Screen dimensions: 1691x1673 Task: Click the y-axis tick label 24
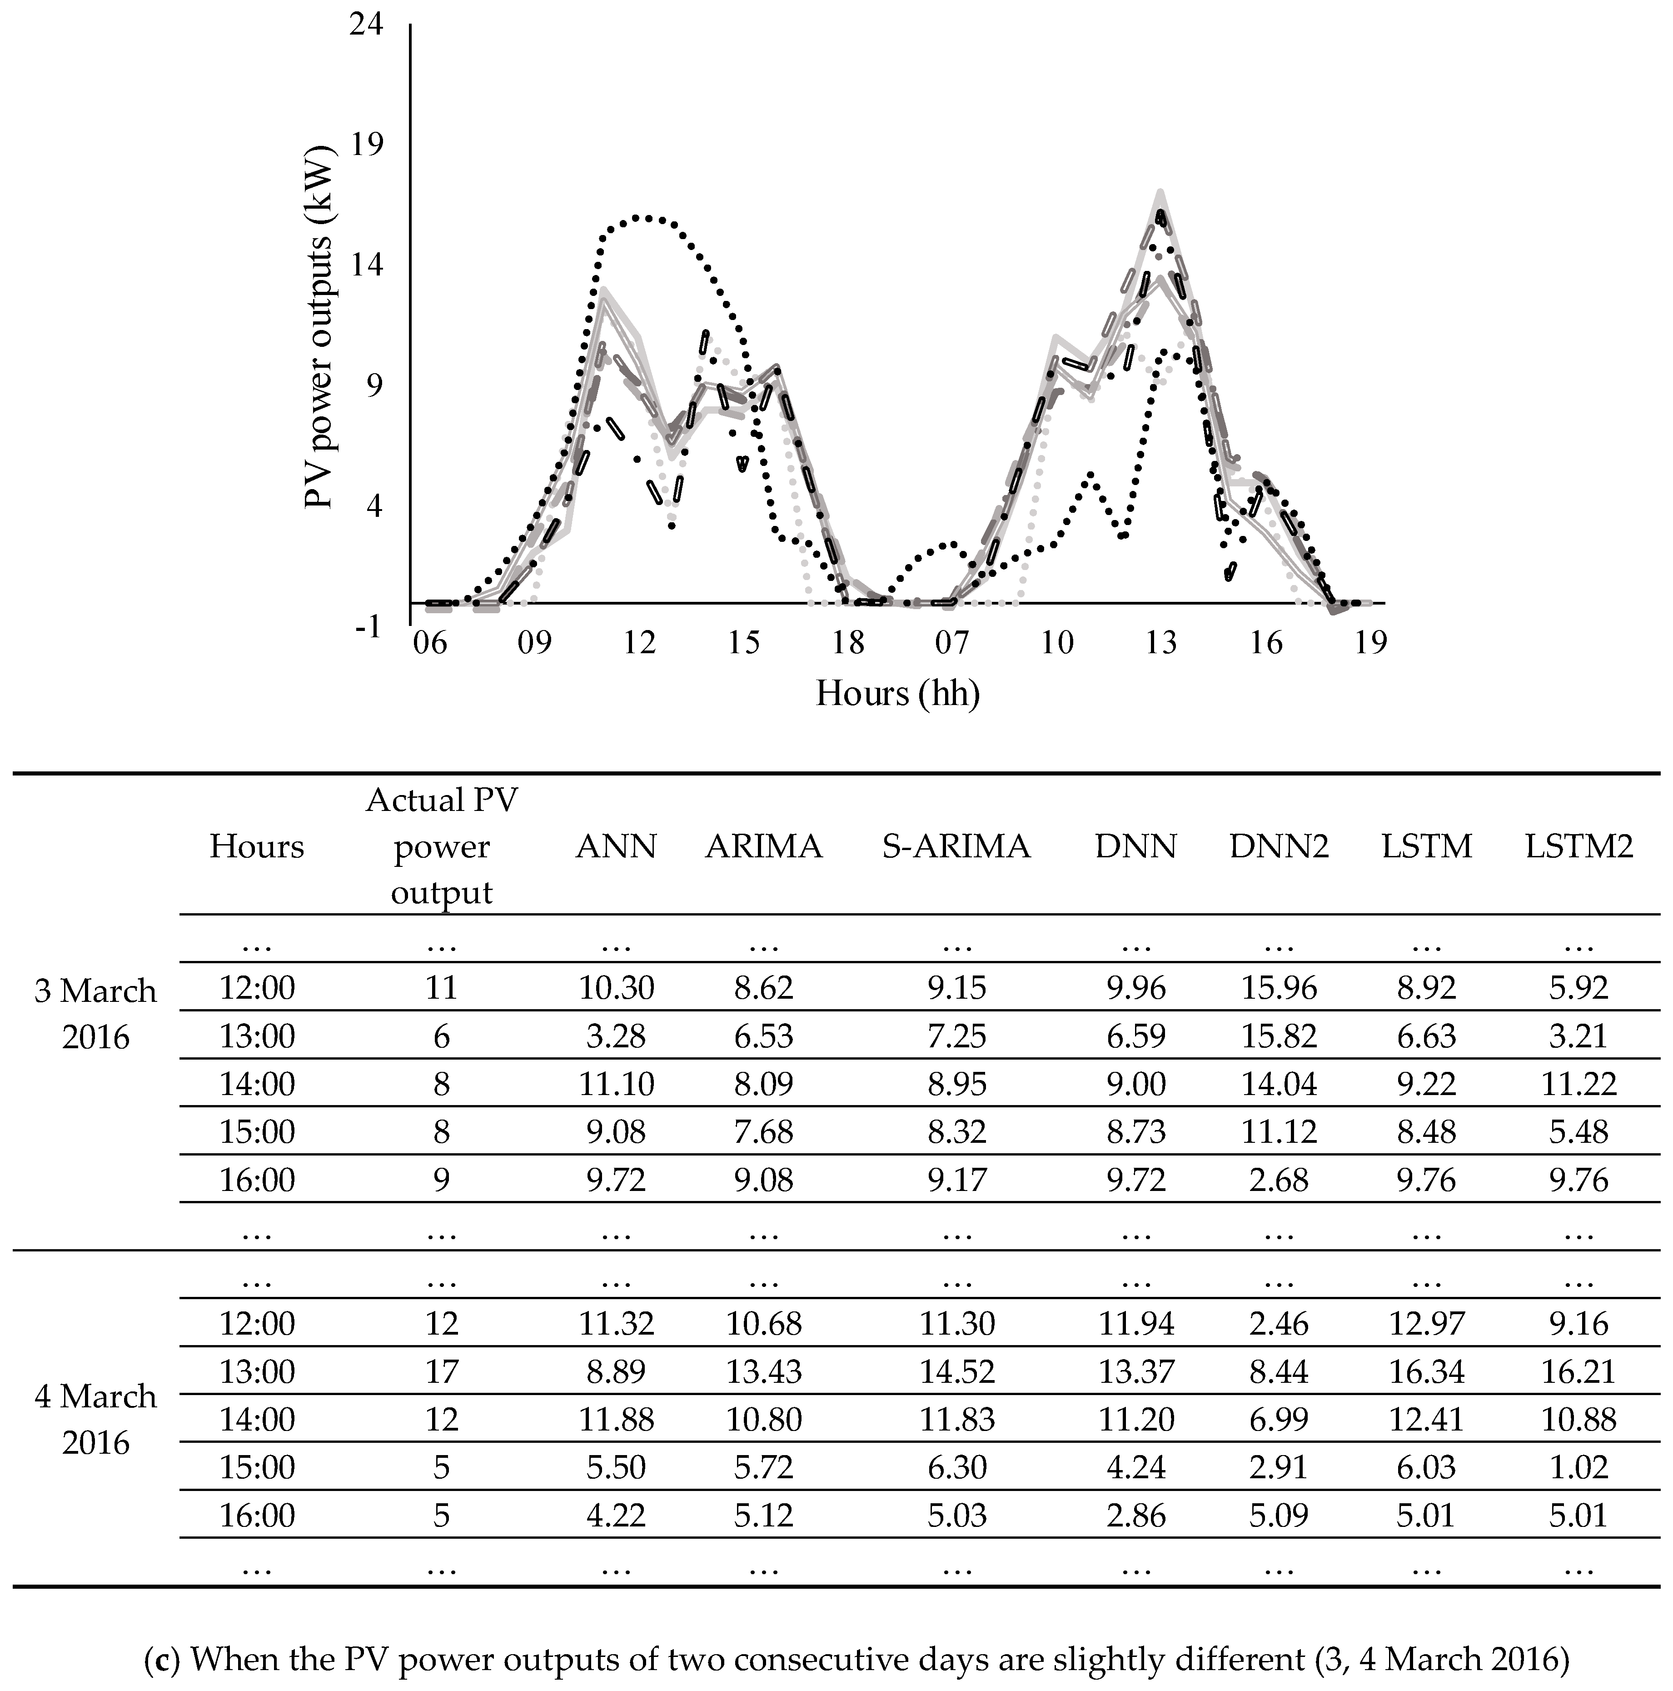(366, 25)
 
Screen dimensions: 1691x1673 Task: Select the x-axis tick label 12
(640, 643)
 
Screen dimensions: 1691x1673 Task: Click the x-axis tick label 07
(952, 643)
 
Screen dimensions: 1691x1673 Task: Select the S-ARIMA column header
(956, 846)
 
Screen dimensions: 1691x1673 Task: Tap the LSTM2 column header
(1578, 846)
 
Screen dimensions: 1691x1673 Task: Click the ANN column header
(616, 846)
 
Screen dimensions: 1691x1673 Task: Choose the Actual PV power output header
(442, 846)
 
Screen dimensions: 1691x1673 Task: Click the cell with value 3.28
(616, 1036)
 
